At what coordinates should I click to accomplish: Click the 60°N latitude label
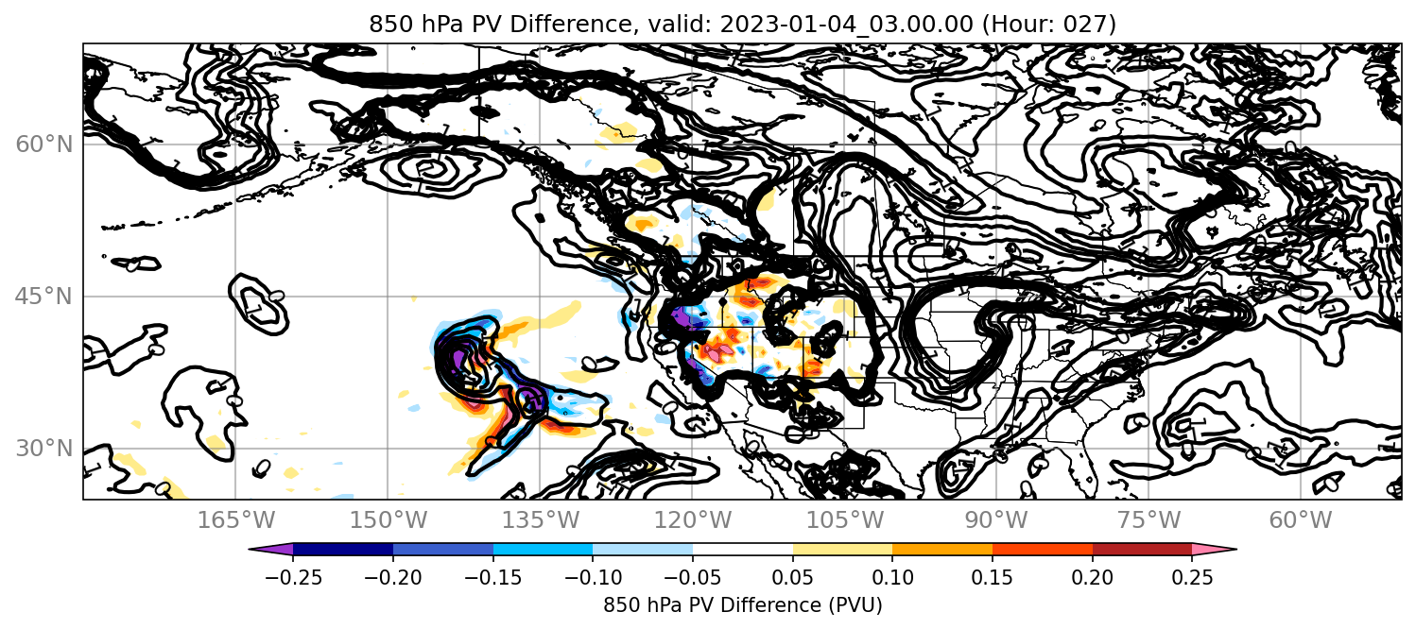pos(44,144)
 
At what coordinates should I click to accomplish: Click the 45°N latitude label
pos(44,297)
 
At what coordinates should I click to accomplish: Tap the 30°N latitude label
pos(44,449)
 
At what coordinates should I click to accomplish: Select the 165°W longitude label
pos(235,520)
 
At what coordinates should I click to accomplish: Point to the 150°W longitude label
pos(389,520)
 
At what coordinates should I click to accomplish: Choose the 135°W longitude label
pos(541,520)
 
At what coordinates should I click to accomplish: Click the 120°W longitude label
pos(692,520)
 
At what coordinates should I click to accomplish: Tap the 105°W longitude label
pos(844,520)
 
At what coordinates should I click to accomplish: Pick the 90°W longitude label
pos(996,520)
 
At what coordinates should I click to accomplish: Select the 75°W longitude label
pos(1148,520)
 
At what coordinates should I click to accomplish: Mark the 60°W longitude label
pos(1301,520)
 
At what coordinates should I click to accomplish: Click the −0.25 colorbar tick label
pos(293,577)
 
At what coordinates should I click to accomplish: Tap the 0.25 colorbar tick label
pos(1192,577)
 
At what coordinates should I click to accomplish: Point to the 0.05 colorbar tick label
pos(793,577)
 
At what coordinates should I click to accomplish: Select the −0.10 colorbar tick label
pos(593,577)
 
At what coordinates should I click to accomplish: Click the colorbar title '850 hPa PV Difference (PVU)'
pos(743,605)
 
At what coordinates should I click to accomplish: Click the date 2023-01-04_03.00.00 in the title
pos(846,24)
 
